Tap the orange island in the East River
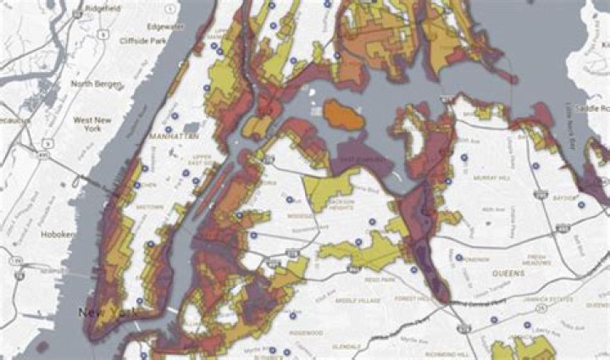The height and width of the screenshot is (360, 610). tap(342, 116)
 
